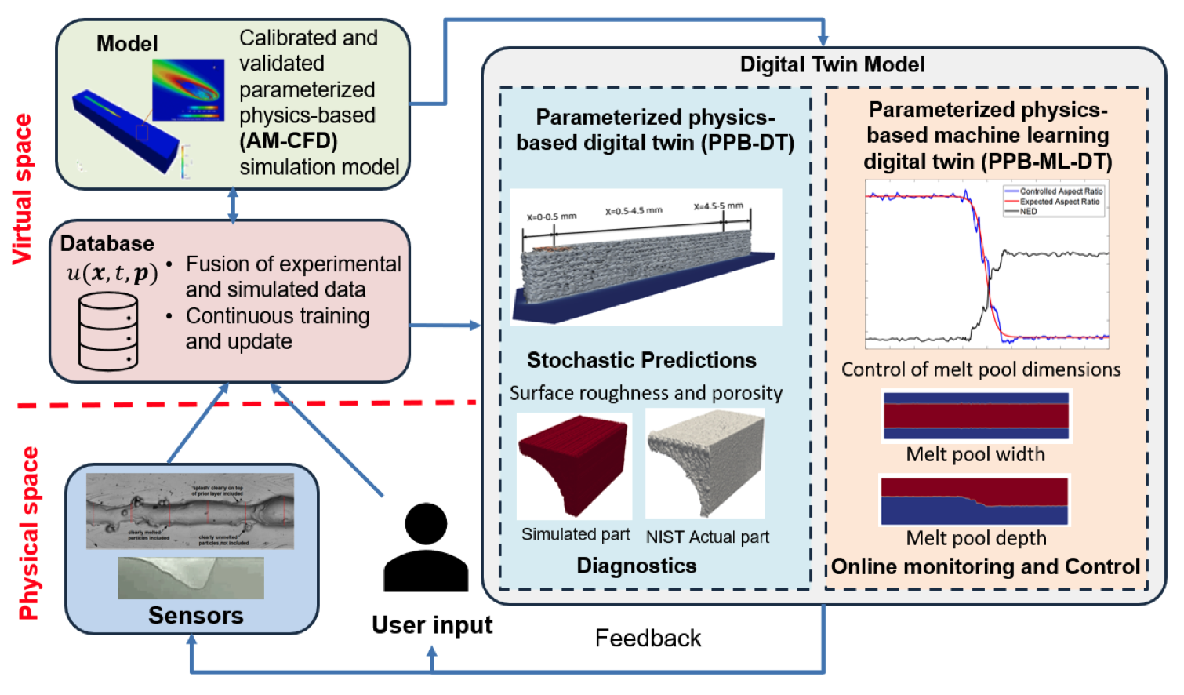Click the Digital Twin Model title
pyautogui.click(x=832, y=64)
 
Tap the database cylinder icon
pyautogui.click(x=108, y=331)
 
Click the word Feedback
pyautogui.click(x=648, y=638)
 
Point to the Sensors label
pyautogui.click(x=195, y=615)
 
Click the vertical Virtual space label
pyautogui.click(x=23, y=188)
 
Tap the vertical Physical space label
pyautogui.click(x=28, y=533)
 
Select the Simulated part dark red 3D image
pyautogui.click(x=574, y=466)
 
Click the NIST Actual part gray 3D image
pyautogui.click(x=705, y=463)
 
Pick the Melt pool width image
pyautogui.click(x=975, y=416)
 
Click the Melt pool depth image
pyautogui.click(x=975, y=500)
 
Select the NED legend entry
pyautogui.click(x=1028, y=212)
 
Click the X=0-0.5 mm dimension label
pyautogui.click(x=551, y=217)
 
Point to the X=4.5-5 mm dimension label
pyautogui.click(x=718, y=206)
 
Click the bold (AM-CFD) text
pyautogui.click(x=289, y=141)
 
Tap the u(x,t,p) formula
pyautogui.click(x=112, y=273)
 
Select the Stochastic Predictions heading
pyautogui.click(x=641, y=360)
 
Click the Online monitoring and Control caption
pyautogui.click(x=985, y=566)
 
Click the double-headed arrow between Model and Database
pyautogui.click(x=233, y=206)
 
